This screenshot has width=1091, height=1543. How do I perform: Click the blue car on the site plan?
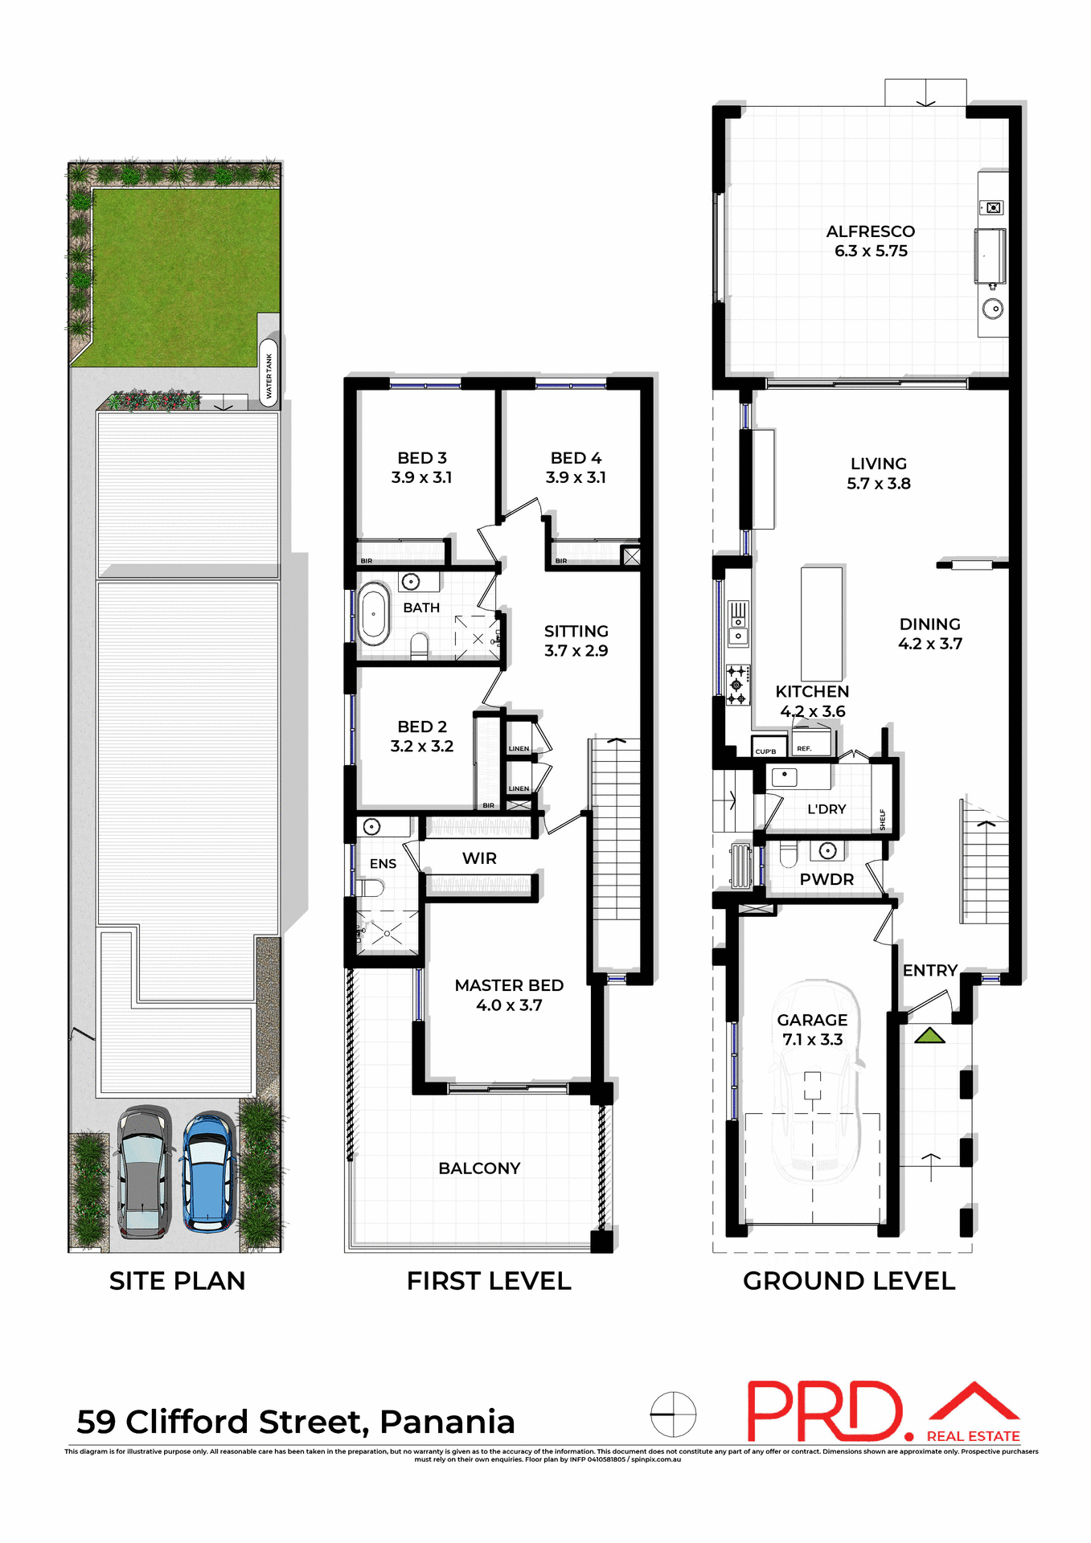pyautogui.click(x=209, y=1172)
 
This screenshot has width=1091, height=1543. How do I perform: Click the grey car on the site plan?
pyautogui.click(x=143, y=1172)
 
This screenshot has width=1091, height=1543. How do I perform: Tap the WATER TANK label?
pyautogui.click(x=269, y=375)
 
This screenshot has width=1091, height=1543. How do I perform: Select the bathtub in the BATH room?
pyautogui.click(x=374, y=615)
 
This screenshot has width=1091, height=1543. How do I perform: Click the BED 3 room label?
pyautogui.click(x=421, y=458)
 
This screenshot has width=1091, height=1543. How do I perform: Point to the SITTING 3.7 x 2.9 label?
pyautogui.click(x=576, y=641)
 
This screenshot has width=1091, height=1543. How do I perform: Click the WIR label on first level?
pyautogui.click(x=479, y=858)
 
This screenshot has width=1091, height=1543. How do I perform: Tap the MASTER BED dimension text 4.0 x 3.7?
pyautogui.click(x=509, y=1005)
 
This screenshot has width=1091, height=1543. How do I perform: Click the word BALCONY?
pyautogui.click(x=479, y=1168)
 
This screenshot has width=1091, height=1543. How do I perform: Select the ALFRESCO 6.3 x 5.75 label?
pyautogui.click(x=871, y=241)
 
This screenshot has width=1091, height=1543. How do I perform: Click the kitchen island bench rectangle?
pyautogui.click(x=822, y=624)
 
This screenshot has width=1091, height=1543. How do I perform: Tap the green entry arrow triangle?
pyautogui.click(x=930, y=1036)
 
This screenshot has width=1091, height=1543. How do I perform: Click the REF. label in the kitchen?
pyautogui.click(x=804, y=749)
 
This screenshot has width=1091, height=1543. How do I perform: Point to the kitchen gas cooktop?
pyautogui.click(x=737, y=684)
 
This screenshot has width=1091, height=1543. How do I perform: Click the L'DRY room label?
pyautogui.click(x=826, y=809)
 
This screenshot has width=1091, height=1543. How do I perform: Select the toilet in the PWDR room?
pyautogui.click(x=787, y=855)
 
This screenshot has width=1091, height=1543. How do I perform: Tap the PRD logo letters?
pyautogui.click(x=826, y=1412)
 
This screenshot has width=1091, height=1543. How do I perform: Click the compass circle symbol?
pyautogui.click(x=673, y=1414)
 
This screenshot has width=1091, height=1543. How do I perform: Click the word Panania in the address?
pyautogui.click(x=447, y=1422)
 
